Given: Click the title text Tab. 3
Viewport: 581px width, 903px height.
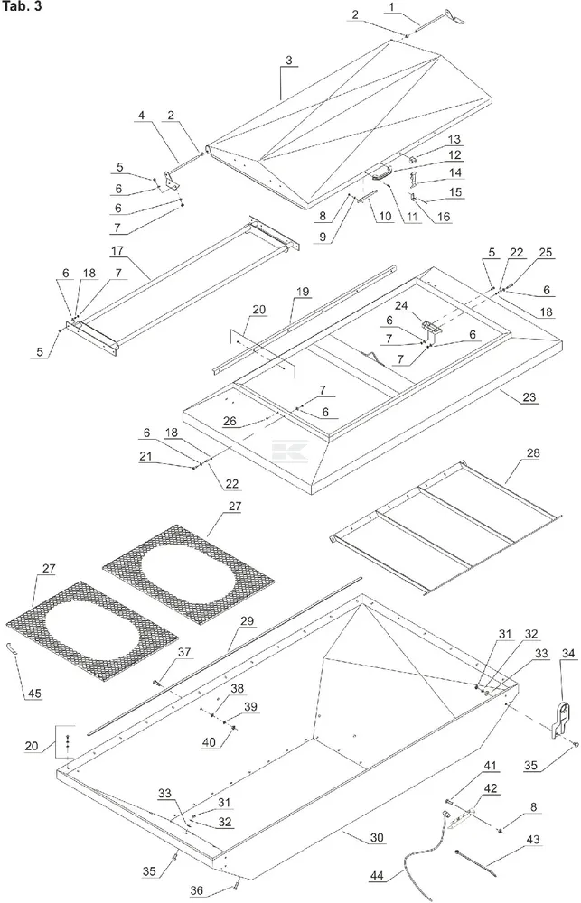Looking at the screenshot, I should pyautogui.click(x=19, y=8).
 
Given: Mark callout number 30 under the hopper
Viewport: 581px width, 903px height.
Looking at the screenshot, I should pyautogui.click(x=376, y=837).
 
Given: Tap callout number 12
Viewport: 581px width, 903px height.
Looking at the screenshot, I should pyautogui.click(x=454, y=155).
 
